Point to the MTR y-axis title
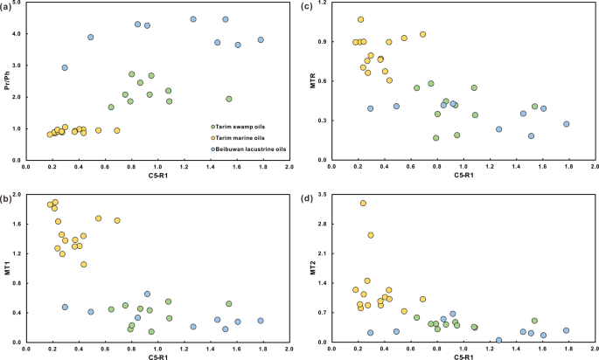312,82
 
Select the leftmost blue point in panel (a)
65,67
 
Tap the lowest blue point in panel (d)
498,340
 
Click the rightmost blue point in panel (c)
566,124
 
